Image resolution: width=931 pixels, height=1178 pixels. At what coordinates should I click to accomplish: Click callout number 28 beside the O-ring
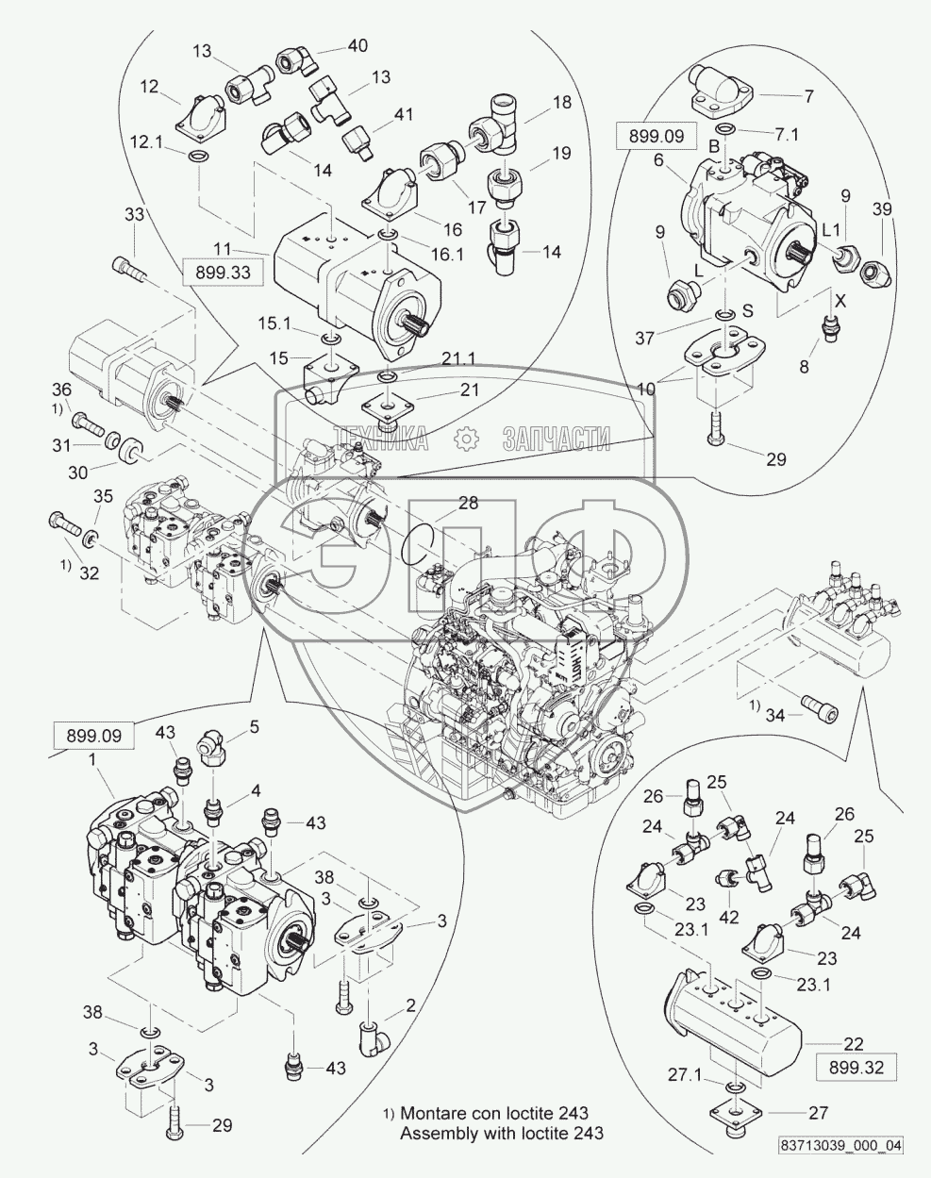469,503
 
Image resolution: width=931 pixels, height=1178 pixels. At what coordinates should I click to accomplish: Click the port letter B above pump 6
714,146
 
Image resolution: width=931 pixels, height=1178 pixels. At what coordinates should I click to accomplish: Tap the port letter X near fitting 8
840,301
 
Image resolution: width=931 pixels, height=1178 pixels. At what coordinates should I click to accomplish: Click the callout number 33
135,214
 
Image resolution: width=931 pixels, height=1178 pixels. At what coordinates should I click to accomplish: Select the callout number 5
254,727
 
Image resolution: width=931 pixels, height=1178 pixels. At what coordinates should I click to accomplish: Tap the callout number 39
882,209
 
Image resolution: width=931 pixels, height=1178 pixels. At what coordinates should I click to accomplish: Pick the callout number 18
560,103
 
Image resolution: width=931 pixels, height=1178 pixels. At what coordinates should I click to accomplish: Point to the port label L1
831,231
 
